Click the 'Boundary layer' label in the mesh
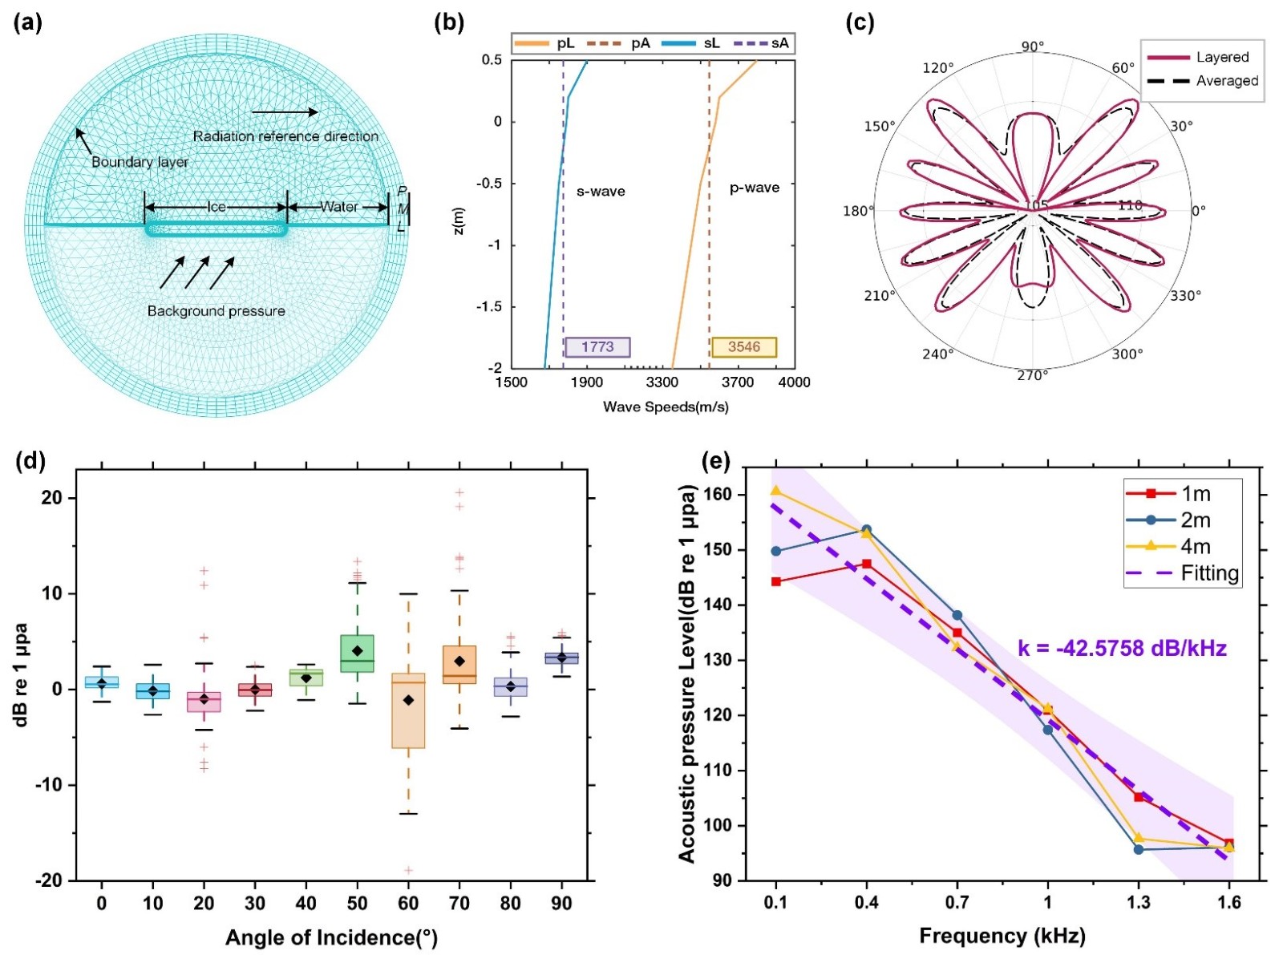(x=140, y=162)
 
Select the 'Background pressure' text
(x=216, y=311)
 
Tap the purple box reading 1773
(x=597, y=347)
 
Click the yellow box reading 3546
(x=744, y=347)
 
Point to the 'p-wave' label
(x=754, y=188)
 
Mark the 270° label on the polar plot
(x=1033, y=375)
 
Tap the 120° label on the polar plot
(x=938, y=68)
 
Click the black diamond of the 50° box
(x=358, y=651)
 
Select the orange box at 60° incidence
(x=408, y=710)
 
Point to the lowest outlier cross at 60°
(x=408, y=870)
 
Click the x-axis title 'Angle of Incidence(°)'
(x=331, y=937)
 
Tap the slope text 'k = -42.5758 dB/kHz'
(x=1122, y=648)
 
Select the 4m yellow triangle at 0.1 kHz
(x=775, y=491)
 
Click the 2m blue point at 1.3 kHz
(x=1139, y=849)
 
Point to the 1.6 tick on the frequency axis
(x=1228, y=903)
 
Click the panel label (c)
(x=860, y=23)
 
